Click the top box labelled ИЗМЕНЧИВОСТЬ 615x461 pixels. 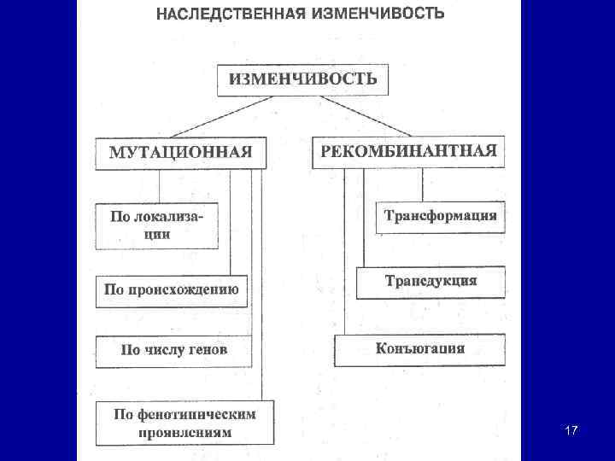tap(302, 79)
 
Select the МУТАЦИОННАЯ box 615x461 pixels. tap(180, 152)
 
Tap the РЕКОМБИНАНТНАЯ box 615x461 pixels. tap(408, 151)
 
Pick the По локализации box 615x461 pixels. tap(156, 225)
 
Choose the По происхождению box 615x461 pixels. tap(171, 289)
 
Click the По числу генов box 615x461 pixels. tap(173, 350)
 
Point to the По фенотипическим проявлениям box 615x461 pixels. tap(184, 423)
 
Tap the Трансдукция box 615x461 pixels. tap(430, 281)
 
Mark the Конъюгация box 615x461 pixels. tap(419, 349)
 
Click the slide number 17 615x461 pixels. tap(571, 431)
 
